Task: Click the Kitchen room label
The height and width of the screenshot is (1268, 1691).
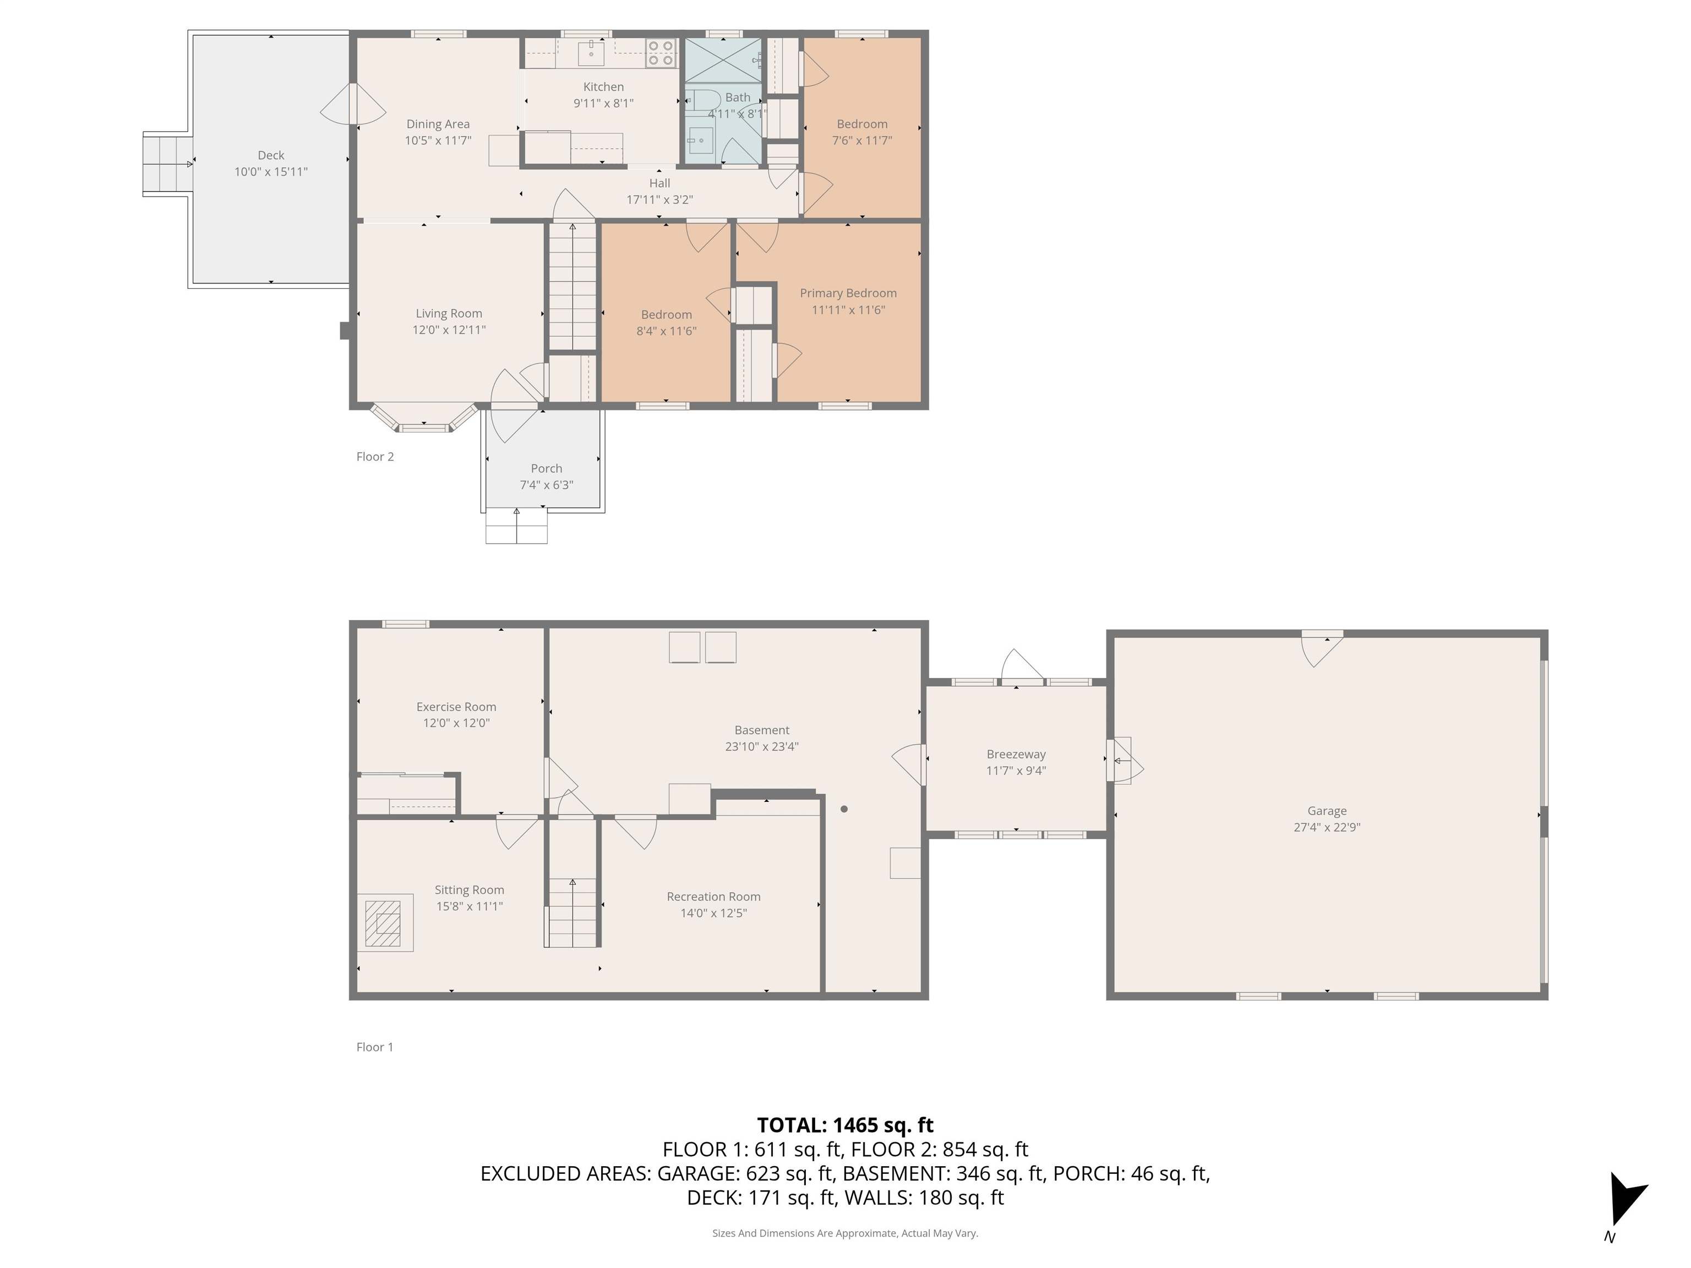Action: pyautogui.click(x=603, y=87)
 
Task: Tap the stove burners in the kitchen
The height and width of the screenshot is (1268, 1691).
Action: pyautogui.click(x=661, y=53)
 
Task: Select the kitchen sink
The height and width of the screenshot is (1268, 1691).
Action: pyautogui.click(x=591, y=53)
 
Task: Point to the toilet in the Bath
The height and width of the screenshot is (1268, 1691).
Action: pyautogui.click(x=702, y=101)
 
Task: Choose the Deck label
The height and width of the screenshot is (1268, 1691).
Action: pyautogui.click(x=271, y=155)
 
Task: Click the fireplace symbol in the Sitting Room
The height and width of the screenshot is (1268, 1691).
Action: pyautogui.click(x=383, y=923)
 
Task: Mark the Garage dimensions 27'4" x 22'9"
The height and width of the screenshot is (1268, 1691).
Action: pyautogui.click(x=1327, y=827)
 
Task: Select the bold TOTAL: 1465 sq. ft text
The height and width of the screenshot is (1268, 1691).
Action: pyautogui.click(x=845, y=1125)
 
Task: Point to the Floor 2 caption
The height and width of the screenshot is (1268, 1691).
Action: pyautogui.click(x=375, y=457)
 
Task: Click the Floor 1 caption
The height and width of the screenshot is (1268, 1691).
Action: pyautogui.click(x=375, y=1047)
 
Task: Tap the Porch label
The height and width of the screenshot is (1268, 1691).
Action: pyautogui.click(x=546, y=468)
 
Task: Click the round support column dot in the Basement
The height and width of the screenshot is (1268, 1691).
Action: pyautogui.click(x=844, y=808)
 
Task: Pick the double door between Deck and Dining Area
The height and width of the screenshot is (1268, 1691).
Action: pyautogui.click(x=352, y=104)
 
